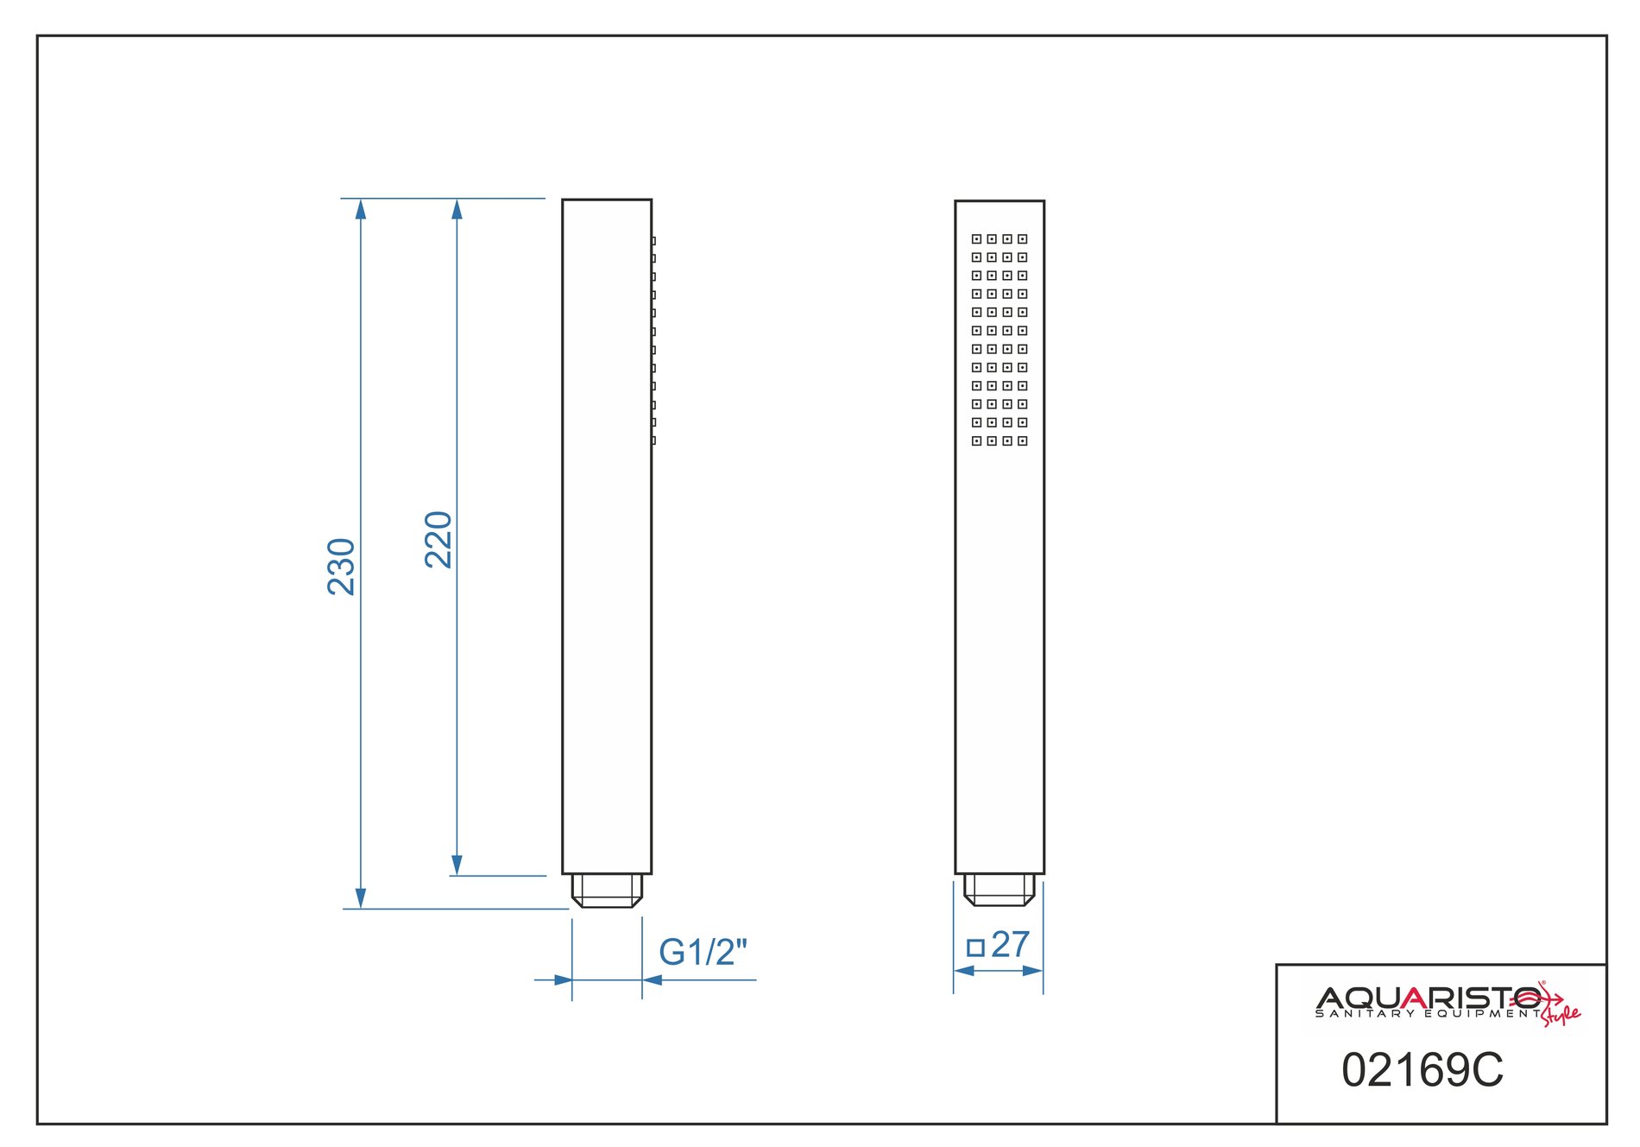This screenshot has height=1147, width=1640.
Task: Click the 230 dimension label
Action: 342,567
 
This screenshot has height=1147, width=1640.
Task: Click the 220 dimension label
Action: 438,539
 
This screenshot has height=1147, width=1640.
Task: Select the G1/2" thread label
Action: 703,952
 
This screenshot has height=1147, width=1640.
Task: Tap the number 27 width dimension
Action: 1011,944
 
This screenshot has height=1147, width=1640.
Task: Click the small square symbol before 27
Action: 976,947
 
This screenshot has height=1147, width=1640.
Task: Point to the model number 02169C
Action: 1422,1070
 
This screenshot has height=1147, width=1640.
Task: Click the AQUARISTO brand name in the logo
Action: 1429,998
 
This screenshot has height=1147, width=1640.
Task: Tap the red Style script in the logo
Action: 1561,1014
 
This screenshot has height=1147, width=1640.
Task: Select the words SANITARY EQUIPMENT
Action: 1428,1014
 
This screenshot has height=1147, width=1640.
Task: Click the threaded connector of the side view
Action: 608,890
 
